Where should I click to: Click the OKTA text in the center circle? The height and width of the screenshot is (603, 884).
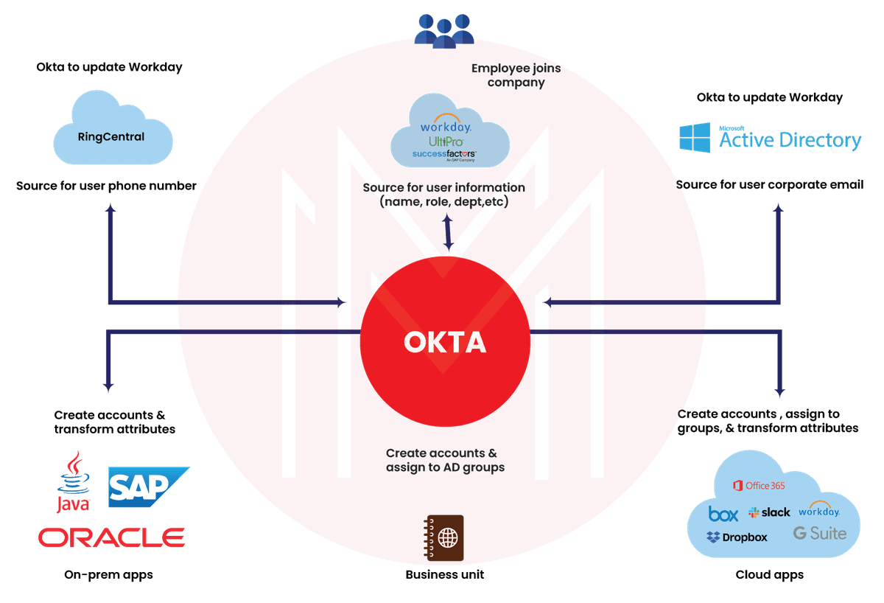point(445,343)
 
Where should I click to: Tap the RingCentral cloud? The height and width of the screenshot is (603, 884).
point(112,137)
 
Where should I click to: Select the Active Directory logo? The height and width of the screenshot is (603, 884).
point(770,138)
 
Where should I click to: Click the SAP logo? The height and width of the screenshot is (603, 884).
point(148,487)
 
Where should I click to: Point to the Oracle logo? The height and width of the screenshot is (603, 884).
point(111,537)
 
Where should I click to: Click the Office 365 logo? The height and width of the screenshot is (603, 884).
point(758,485)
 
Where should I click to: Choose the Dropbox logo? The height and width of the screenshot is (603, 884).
point(737,537)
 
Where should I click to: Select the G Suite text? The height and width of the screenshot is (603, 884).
point(820,533)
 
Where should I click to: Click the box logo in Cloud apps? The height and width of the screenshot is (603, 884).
point(723,513)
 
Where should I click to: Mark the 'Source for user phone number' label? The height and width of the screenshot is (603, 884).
point(106,186)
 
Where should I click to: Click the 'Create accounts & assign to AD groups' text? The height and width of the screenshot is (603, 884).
point(444,460)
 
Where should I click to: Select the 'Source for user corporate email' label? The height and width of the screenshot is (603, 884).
point(770,185)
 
